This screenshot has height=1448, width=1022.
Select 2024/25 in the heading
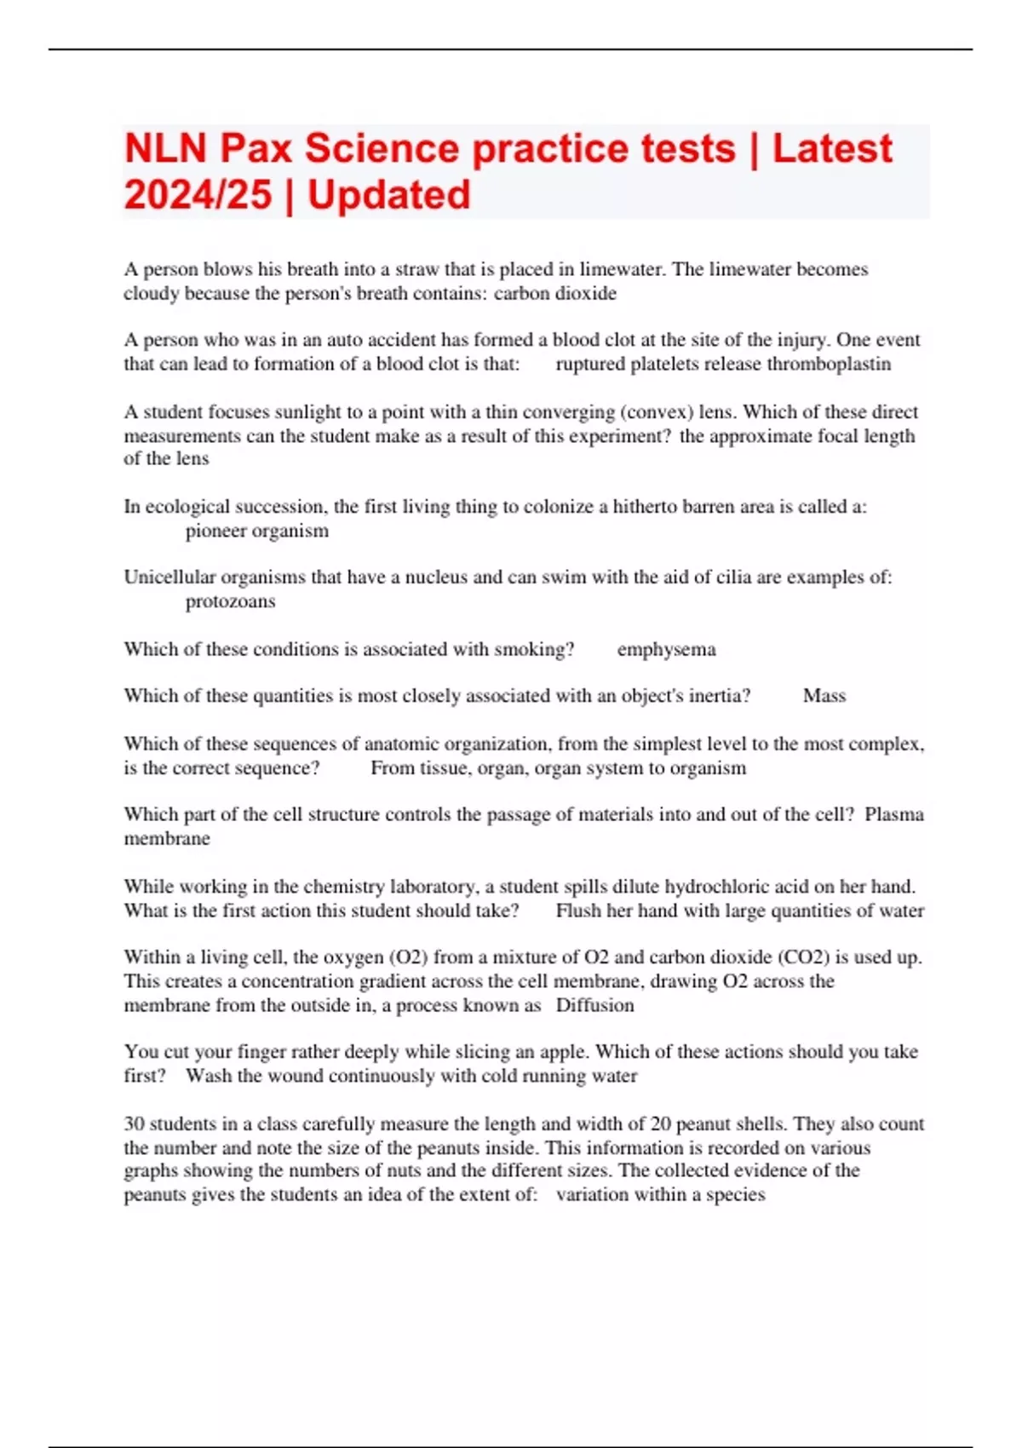pyautogui.click(x=198, y=195)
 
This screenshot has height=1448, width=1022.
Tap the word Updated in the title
pyautogui.click(x=388, y=195)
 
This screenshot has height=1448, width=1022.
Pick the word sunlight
pyautogui.click(x=307, y=412)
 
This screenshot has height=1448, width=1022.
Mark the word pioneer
pyautogui.click(x=217, y=531)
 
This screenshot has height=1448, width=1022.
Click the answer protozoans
pyautogui.click(x=230, y=601)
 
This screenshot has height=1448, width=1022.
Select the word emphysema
pyautogui.click(x=666, y=649)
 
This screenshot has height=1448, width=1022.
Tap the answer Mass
pyautogui.click(x=824, y=696)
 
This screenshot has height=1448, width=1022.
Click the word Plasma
pyautogui.click(x=893, y=814)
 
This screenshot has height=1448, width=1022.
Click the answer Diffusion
pyautogui.click(x=594, y=1005)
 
